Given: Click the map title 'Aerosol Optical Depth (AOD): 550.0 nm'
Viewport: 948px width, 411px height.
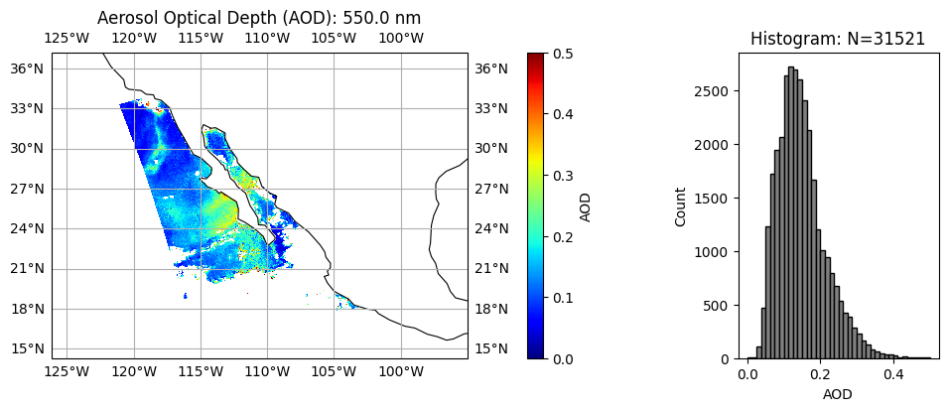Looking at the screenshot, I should (259, 18).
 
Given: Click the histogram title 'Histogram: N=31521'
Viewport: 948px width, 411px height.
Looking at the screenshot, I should (838, 39).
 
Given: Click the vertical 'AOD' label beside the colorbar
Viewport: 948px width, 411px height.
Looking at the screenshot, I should (586, 206).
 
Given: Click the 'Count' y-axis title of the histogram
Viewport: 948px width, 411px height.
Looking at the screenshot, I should (681, 206).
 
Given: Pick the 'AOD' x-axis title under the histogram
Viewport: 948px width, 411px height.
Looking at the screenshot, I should (838, 394).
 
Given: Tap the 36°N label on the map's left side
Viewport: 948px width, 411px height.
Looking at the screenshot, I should (27, 68).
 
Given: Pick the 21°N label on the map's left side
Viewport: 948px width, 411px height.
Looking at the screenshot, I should (27, 268).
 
